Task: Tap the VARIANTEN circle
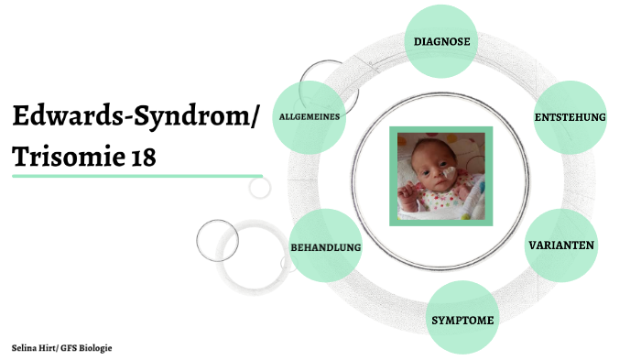(x=561, y=245)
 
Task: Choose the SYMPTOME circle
(x=462, y=320)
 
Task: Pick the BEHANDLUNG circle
(x=325, y=247)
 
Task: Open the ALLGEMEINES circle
(x=310, y=116)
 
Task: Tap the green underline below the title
(x=137, y=176)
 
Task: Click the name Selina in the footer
(x=25, y=349)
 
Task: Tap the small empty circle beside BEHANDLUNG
(x=217, y=240)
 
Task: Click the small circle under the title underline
(x=260, y=188)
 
